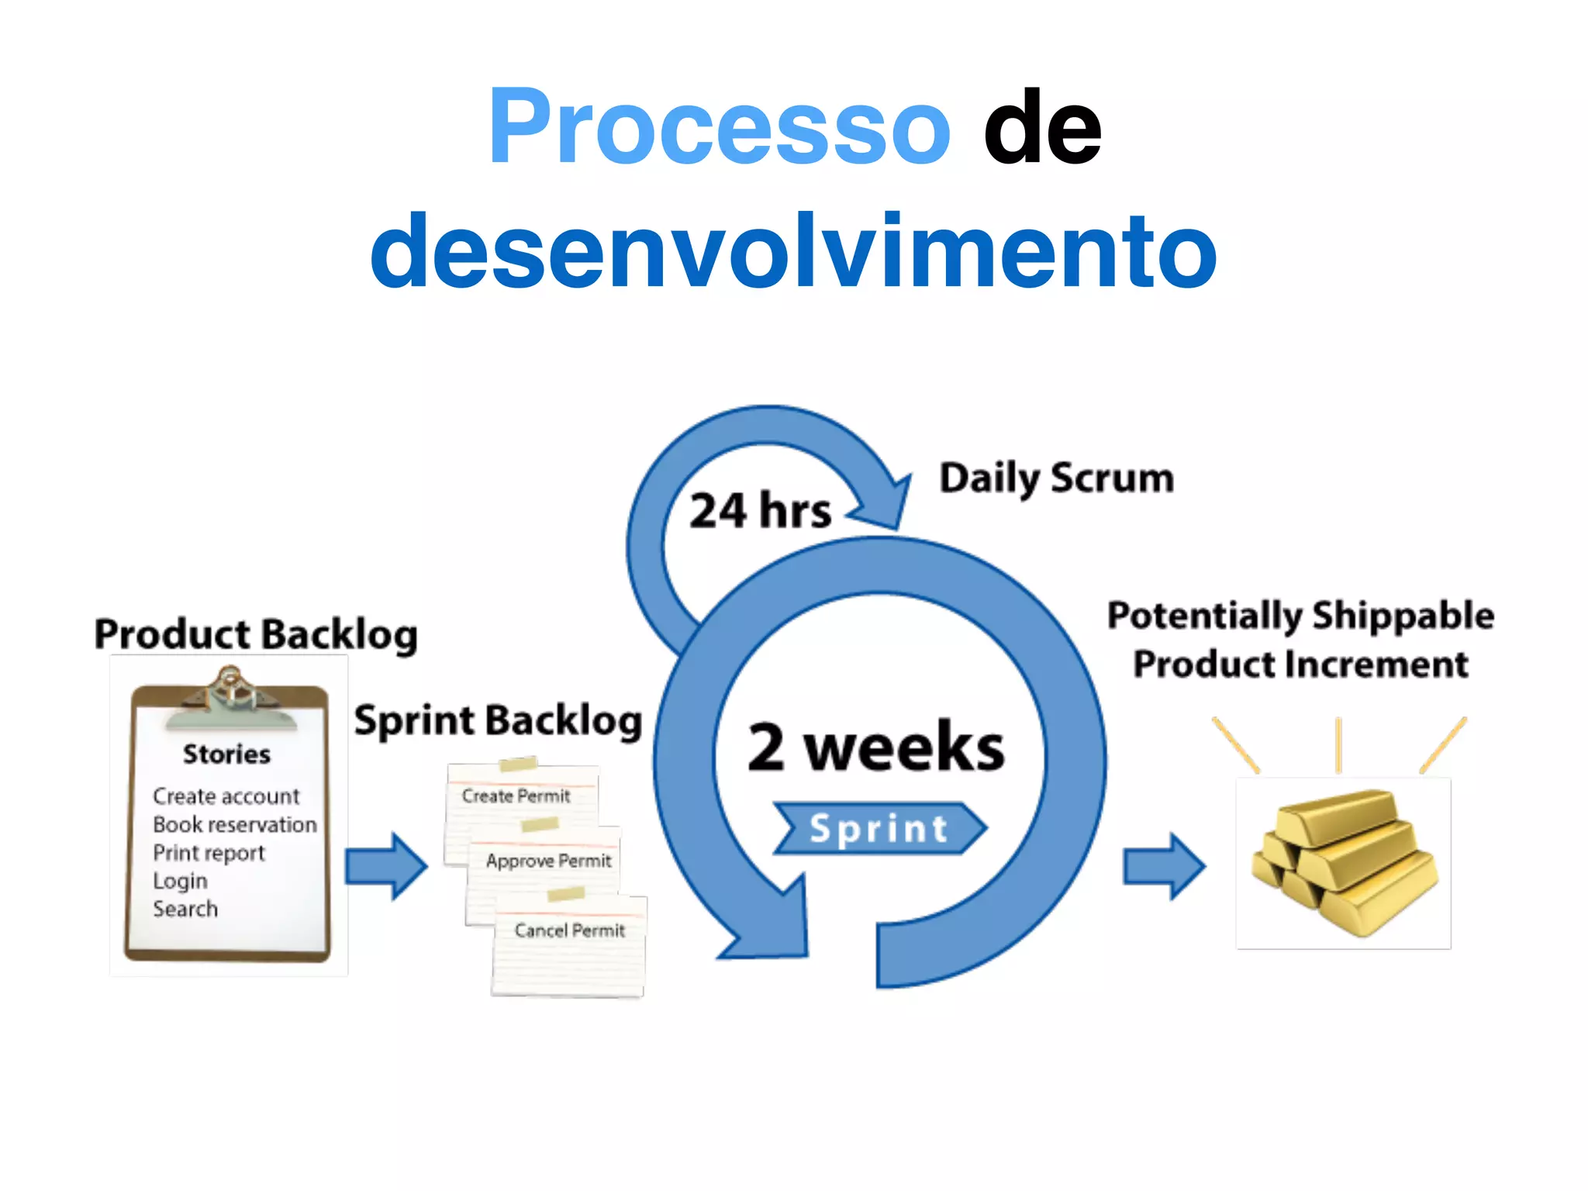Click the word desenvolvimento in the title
point(793,252)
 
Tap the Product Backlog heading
point(256,634)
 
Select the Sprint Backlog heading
point(498,721)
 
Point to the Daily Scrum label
point(1056,478)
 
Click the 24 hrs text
point(760,512)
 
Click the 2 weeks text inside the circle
point(876,747)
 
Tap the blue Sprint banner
point(879,828)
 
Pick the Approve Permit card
point(548,861)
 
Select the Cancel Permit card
point(570,930)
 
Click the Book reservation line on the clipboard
point(234,824)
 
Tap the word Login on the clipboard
point(180,881)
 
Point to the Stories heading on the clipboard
point(226,754)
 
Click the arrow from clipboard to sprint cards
point(385,866)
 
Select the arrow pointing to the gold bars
point(1163,866)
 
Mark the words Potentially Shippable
point(1300,616)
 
